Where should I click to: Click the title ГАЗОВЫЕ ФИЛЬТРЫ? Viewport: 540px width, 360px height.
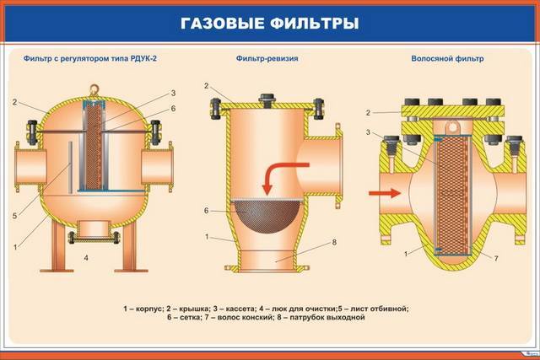click(x=269, y=22)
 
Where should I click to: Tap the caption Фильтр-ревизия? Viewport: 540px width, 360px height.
click(x=269, y=60)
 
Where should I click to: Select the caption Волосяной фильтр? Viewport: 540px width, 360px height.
click(x=447, y=60)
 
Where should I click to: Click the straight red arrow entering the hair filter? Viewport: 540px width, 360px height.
click(x=383, y=192)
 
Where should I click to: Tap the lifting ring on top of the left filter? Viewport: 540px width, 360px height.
click(x=94, y=88)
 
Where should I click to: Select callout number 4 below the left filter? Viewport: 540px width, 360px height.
click(x=87, y=255)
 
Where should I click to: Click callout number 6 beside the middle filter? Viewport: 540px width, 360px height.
click(x=205, y=209)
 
